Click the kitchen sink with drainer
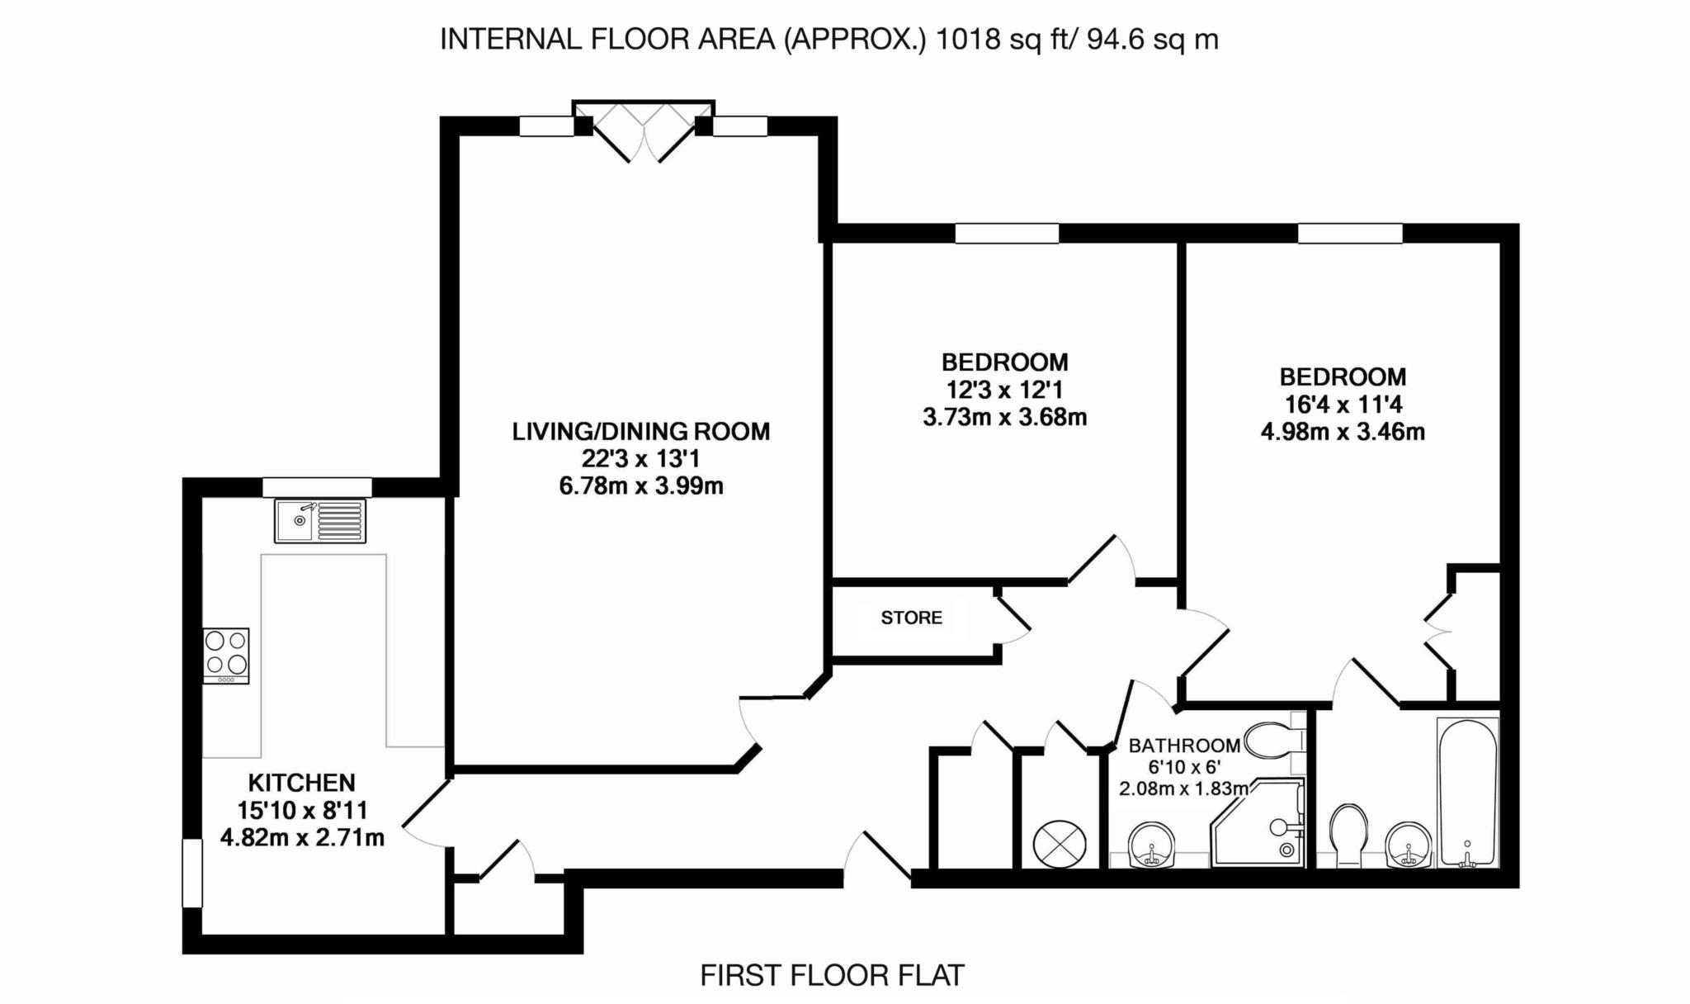coord(320,521)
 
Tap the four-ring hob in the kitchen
coord(226,656)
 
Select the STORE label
coord(912,618)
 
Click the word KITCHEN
coord(302,783)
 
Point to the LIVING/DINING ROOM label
coord(641,432)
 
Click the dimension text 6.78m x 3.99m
coord(641,486)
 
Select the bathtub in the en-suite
coord(1467,792)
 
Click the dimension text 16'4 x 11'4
coord(1343,405)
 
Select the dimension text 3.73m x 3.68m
coord(1005,418)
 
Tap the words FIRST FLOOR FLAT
coord(832,976)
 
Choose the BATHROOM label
coord(1184,746)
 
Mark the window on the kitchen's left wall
coord(192,874)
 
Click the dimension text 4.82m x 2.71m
coord(302,838)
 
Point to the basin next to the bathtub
coord(1409,845)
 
